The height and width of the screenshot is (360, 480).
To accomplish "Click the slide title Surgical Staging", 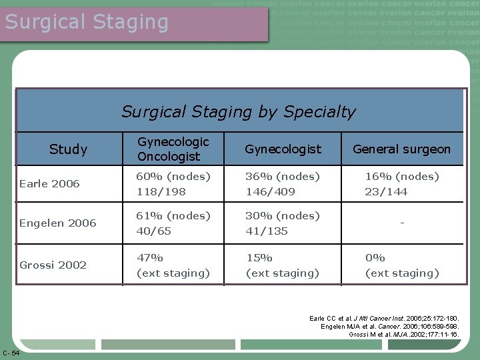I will click(x=87, y=22).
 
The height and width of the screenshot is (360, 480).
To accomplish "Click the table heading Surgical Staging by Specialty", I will click(x=239, y=111).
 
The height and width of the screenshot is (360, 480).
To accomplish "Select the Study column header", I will click(x=68, y=149).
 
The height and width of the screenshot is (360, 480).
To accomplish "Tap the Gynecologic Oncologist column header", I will click(x=173, y=149).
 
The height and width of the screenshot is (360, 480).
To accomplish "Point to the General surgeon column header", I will click(x=401, y=149).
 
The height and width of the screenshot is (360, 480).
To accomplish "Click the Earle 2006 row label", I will click(x=49, y=183).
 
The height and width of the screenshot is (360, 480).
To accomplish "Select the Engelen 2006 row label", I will click(x=58, y=223).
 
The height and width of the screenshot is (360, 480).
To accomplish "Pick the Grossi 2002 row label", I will click(x=53, y=265).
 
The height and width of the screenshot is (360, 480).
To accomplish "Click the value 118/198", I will click(x=161, y=191).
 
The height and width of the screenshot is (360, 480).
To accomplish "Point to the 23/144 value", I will click(x=385, y=191).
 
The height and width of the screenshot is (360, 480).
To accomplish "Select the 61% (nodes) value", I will click(x=173, y=215).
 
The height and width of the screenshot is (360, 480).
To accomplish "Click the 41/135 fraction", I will click(x=267, y=231).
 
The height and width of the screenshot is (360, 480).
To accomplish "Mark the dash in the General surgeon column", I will click(x=401, y=223).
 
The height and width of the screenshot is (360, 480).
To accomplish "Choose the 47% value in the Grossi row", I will click(x=150, y=257).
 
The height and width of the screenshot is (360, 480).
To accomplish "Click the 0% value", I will click(x=375, y=257).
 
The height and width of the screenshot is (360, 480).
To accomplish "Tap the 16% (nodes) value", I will click(x=401, y=176).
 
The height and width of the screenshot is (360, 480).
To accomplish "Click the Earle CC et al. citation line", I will click(x=384, y=319).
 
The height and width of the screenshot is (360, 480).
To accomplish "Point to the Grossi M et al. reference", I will click(x=403, y=333).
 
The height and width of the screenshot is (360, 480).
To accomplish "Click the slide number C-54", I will click(x=11, y=353).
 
